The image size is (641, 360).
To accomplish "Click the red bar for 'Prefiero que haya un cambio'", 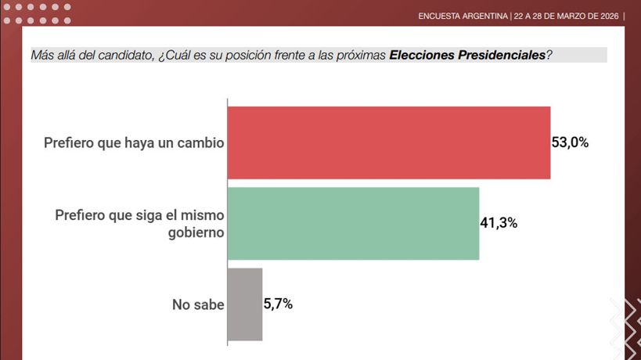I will (x=388, y=142).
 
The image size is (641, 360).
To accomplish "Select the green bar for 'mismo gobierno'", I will (x=353, y=223).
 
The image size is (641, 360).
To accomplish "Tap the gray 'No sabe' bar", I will (x=245, y=304).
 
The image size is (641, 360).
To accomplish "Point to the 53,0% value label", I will (x=570, y=142).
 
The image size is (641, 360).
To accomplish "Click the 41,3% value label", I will (x=499, y=223).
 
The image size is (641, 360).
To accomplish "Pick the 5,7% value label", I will (x=278, y=304).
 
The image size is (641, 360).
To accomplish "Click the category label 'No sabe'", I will (x=198, y=305).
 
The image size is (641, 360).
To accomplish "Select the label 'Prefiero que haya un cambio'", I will (x=134, y=143).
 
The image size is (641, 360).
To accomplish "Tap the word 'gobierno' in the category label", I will (x=196, y=232).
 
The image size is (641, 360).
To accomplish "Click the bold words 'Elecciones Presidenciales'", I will (x=466, y=55).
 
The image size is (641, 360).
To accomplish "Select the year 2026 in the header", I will (x=605, y=16).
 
